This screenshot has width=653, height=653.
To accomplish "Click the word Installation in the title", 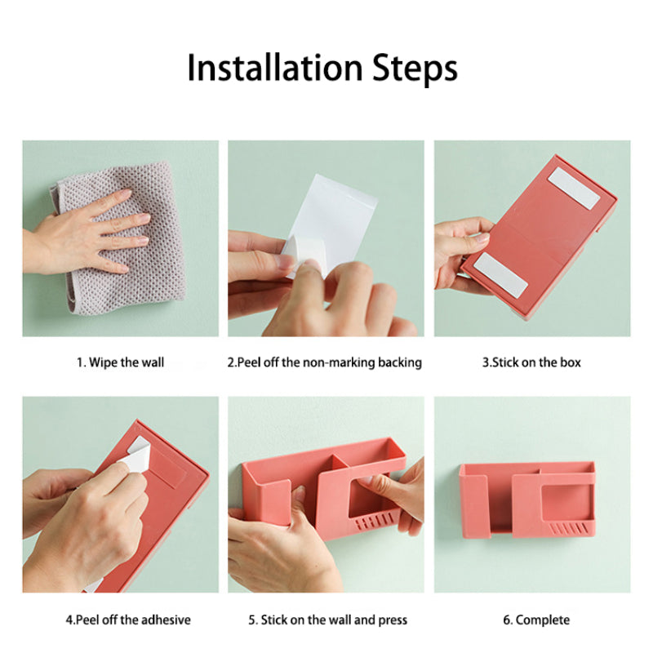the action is click(275, 68).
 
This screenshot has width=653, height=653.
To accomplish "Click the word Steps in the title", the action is click(415, 69).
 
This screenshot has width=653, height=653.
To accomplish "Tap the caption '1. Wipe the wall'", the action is click(120, 362).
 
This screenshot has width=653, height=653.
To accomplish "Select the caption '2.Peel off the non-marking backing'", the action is click(324, 362).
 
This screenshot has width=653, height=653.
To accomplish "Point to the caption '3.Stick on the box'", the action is click(531, 362).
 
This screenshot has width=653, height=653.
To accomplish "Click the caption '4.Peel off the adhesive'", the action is click(128, 620).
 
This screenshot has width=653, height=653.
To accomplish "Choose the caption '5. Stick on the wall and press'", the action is click(328, 620).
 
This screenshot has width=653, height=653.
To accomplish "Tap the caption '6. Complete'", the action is click(536, 620).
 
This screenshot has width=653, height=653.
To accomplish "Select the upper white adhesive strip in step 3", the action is click(574, 189).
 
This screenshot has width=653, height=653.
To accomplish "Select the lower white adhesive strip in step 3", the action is click(501, 275).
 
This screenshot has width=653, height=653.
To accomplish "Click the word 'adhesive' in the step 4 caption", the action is click(166, 620).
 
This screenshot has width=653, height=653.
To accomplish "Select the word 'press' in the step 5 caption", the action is click(393, 620).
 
